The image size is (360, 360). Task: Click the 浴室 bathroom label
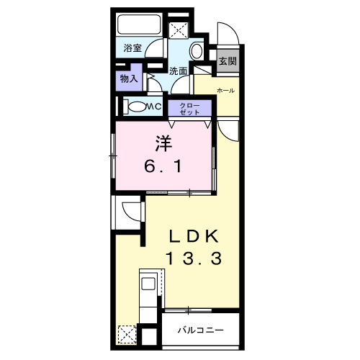[132, 48]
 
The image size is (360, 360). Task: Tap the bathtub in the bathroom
[139, 24]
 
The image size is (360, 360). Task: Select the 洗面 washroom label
[178, 71]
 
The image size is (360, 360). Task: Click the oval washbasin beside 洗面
[197, 51]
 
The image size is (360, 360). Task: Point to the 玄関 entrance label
[228, 61]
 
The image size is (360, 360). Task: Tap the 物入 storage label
[129, 78]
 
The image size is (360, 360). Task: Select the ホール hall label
[225, 91]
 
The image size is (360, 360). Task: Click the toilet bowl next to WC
[137, 107]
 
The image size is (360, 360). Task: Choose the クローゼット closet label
[189, 109]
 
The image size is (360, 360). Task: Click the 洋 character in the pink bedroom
[164, 144]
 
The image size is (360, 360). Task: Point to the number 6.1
[163, 166]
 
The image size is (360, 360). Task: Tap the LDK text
[194, 236]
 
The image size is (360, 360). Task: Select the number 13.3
[194, 258]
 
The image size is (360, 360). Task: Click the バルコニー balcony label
[201, 330]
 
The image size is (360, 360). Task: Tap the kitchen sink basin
[148, 284]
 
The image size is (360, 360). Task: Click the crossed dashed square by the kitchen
[127, 334]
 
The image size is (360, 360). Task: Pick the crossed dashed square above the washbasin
[178, 30]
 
